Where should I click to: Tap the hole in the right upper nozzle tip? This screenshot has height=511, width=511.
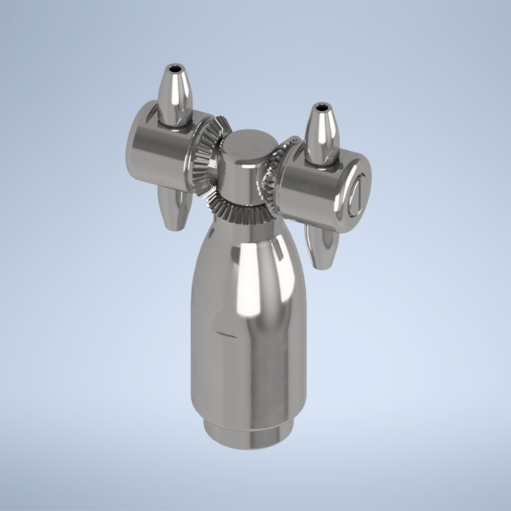click(322, 106)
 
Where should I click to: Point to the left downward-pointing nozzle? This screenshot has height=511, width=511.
click(174, 206)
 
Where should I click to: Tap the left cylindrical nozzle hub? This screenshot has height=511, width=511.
click(160, 150)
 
